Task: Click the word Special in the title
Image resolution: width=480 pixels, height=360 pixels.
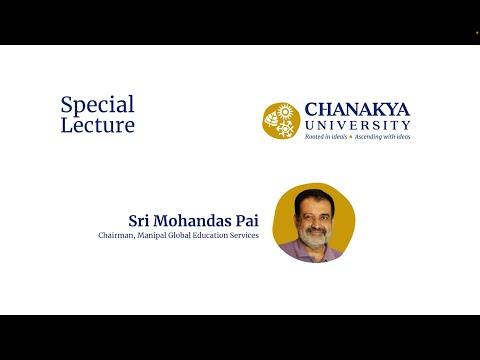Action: (97, 105)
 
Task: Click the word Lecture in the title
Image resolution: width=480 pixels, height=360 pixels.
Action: (97, 126)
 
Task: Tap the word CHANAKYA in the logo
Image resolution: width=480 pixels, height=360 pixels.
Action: (356, 109)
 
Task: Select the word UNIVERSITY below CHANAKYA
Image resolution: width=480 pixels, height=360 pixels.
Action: (356, 125)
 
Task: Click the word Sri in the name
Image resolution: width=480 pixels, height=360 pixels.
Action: (140, 220)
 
